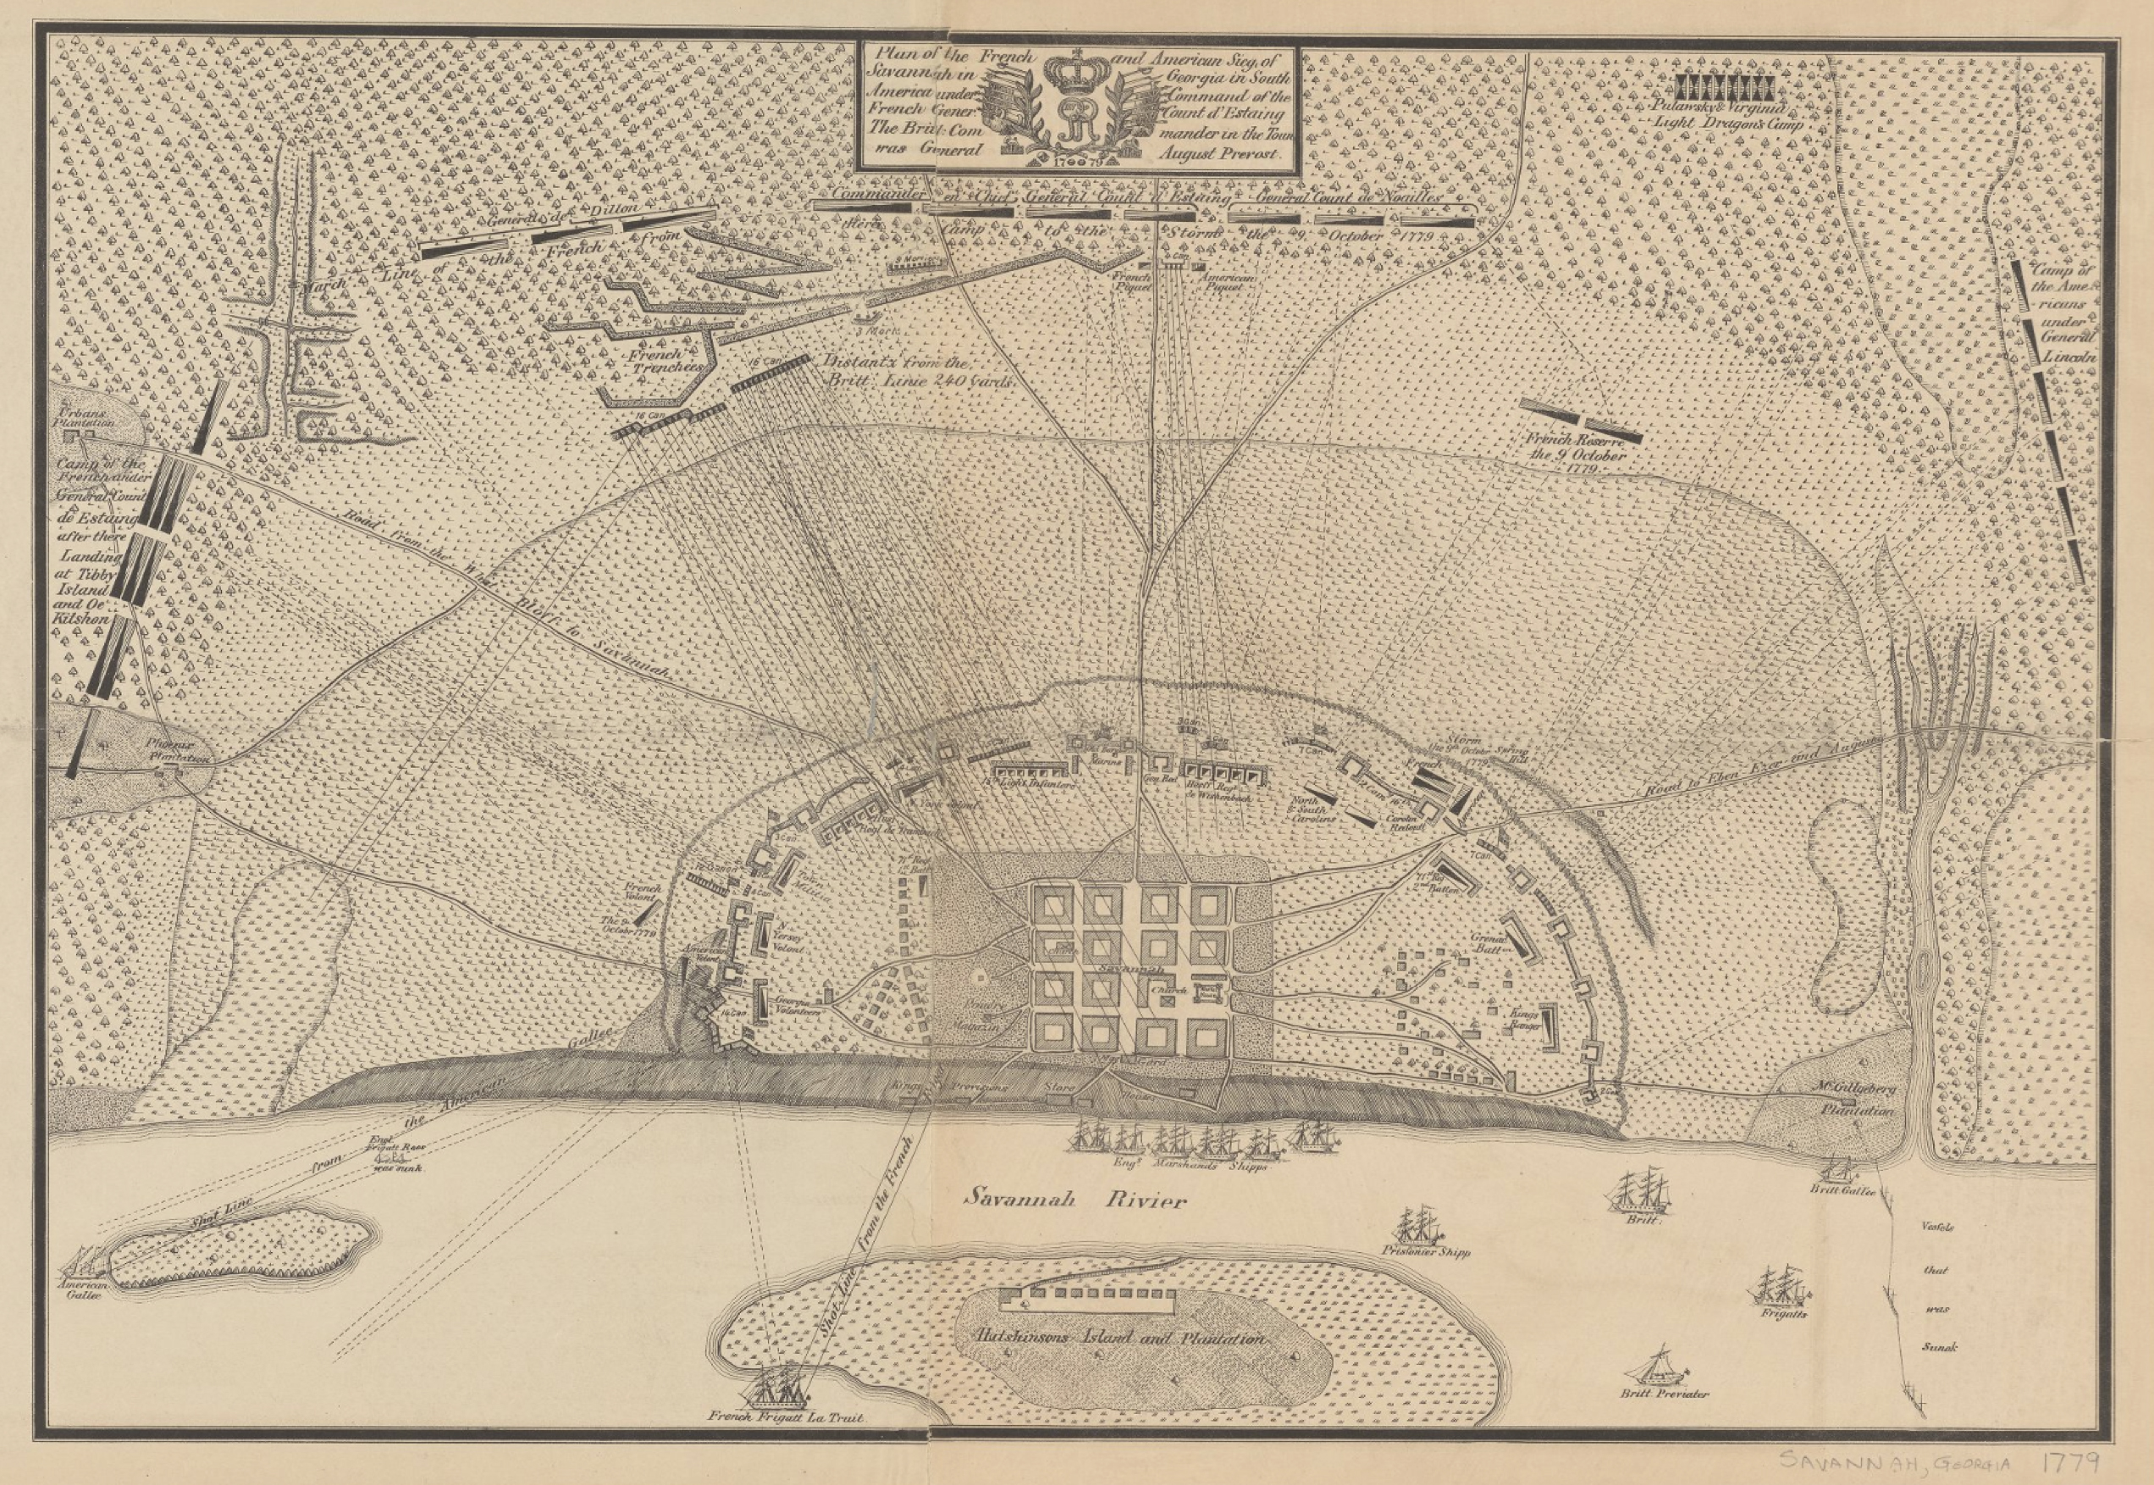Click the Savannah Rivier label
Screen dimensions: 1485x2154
point(1074,1200)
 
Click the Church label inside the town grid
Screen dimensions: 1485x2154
point(1167,991)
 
